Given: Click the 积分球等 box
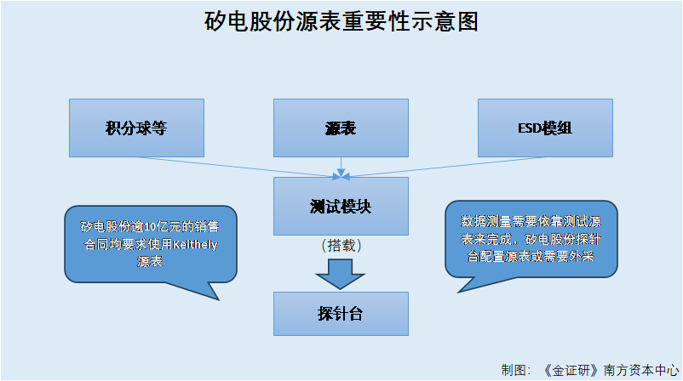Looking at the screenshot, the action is [x=136, y=128].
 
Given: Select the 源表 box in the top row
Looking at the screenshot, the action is [x=341, y=128].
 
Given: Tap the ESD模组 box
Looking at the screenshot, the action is [x=545, y=128].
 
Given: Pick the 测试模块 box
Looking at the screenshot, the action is [x=341, y=206].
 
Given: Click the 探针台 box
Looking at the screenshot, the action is [x=341, y=314].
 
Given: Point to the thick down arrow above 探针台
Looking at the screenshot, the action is [x=340, y=274].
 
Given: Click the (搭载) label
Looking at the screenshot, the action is [x=341, y=246].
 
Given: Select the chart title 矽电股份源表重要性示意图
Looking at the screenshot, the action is [x=341, y=21].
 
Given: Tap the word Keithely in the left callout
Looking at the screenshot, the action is [x=195, y=244].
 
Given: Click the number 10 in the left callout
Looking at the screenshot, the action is [x=148, y=227].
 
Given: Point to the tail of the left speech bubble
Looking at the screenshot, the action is [x=218, y=299].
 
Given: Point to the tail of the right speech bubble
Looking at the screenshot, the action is [x=459, y=292].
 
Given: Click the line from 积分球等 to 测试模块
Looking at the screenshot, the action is [x=238, y=167].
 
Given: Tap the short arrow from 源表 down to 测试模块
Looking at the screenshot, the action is [x=341, y=167].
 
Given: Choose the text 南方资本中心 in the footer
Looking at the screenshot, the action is [x=641, y=370].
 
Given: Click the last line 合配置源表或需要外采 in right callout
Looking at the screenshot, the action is [x=531, y=257].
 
